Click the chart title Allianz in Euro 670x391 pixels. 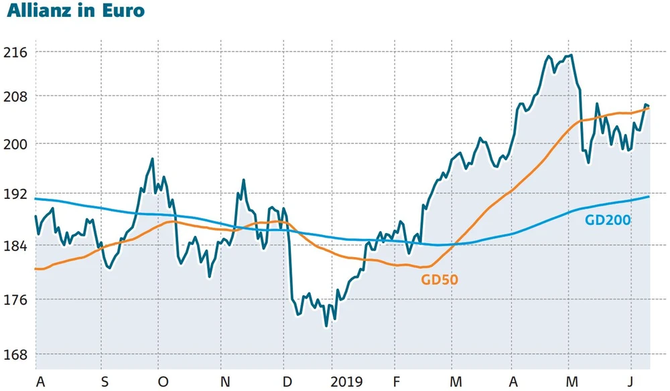pos(75,11)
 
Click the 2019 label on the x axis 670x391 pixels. pos(347,382)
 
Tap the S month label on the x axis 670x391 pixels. pos(105,382)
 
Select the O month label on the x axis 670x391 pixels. pos(163,382)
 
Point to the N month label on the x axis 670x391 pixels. pos(225,382)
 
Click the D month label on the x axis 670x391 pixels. pos(287,382)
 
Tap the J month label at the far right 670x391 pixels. pos(630,382)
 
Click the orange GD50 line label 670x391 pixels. pos(440,280)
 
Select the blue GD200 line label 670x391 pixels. pos(608,219)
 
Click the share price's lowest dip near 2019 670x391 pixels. pos(326,325)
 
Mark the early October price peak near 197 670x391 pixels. pos(153,159)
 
